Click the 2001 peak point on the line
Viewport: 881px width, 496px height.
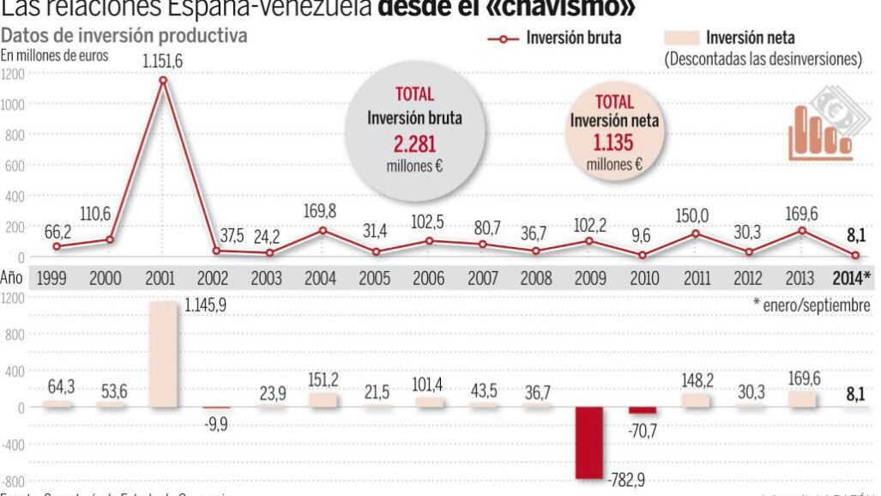coord(163,81)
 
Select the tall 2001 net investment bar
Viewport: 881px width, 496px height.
coord(163,354)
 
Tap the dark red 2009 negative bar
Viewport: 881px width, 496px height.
coord(588,442)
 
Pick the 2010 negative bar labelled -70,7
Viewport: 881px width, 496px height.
coord(642,410)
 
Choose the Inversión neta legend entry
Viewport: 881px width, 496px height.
coord(730,38)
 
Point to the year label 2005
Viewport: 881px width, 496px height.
coord(376,278)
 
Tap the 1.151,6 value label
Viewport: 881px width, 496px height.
coord(163,61)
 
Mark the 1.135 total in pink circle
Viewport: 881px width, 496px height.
coord(615,142)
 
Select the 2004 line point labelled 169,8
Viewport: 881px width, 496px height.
coord(323,230)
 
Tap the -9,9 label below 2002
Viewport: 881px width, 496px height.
coord(217,424)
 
